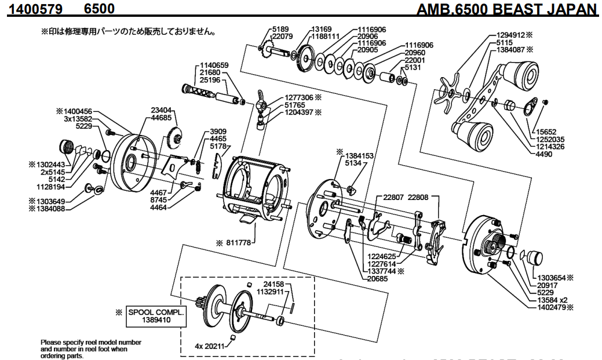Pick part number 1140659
(x=214, y=65)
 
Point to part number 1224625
(x=382, y=255)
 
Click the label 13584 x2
(x=553, y=300)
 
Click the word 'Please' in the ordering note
(x=50, y=343)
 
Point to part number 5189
(x=280, y=29)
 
